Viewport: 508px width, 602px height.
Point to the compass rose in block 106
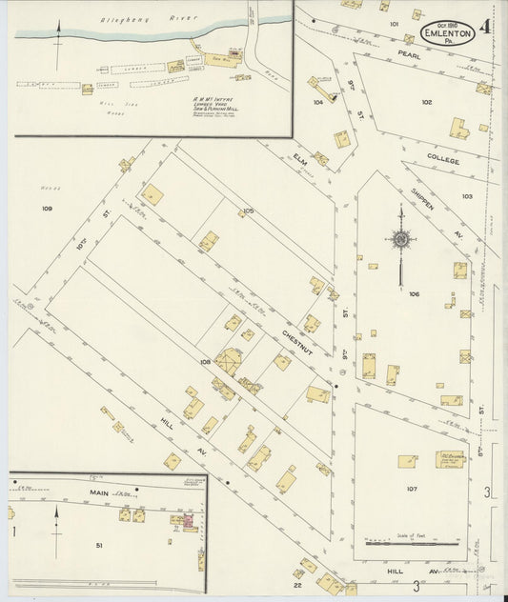coord(401,239)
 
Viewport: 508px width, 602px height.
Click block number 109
coord(47,207)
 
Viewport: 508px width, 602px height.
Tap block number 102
coord(426,102)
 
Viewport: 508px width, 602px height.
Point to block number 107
coord(412,490)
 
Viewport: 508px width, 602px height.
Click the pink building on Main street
coord(188,521)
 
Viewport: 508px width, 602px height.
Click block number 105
coord(248,211)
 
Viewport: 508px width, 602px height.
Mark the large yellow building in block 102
coord(458,128)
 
